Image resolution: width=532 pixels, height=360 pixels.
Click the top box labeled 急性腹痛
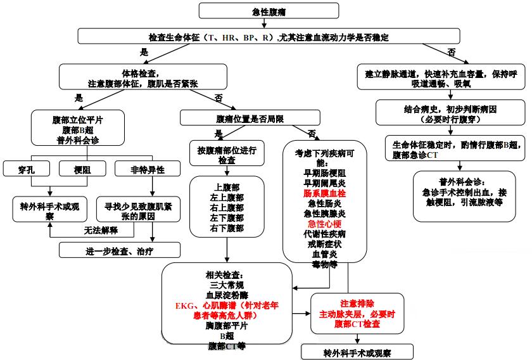click(265, 11)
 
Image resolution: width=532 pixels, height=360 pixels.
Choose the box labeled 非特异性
click(148, 169)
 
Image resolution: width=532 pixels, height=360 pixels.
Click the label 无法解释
click(102, 230)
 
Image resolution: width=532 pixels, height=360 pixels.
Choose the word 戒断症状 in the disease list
click(325, 243)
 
